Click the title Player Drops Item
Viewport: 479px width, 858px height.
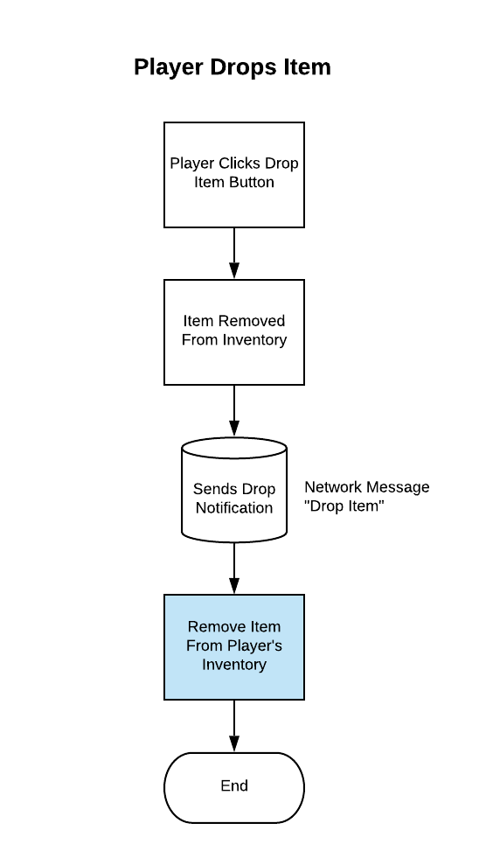(x=233, y=67)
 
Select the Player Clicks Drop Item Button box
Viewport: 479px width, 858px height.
(x=234, y=175)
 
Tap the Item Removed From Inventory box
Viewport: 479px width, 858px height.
(x=234, y=332)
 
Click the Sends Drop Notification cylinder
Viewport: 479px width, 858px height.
(x=234, y=490)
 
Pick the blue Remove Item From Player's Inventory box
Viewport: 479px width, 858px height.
(x=234, y=647)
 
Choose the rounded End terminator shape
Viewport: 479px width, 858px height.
(x=234, y=787)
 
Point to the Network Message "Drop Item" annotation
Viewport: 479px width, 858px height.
(x=367, y=496)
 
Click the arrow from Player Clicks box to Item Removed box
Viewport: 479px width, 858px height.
(x=234, y=254)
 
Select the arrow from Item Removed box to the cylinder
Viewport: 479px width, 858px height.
(x=234, y=411)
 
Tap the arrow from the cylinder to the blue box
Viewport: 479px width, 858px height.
(x=234, y=569)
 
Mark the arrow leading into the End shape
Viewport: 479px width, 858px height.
(x=234, y=726)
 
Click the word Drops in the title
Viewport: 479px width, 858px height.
(x=244, y=68)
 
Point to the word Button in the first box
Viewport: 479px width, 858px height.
(x=252, y=182)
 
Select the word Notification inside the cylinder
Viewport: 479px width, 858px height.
(x=234, y=508)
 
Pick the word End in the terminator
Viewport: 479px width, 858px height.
(x=234, y=785)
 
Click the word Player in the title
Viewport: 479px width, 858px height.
(x=169, y=68)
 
